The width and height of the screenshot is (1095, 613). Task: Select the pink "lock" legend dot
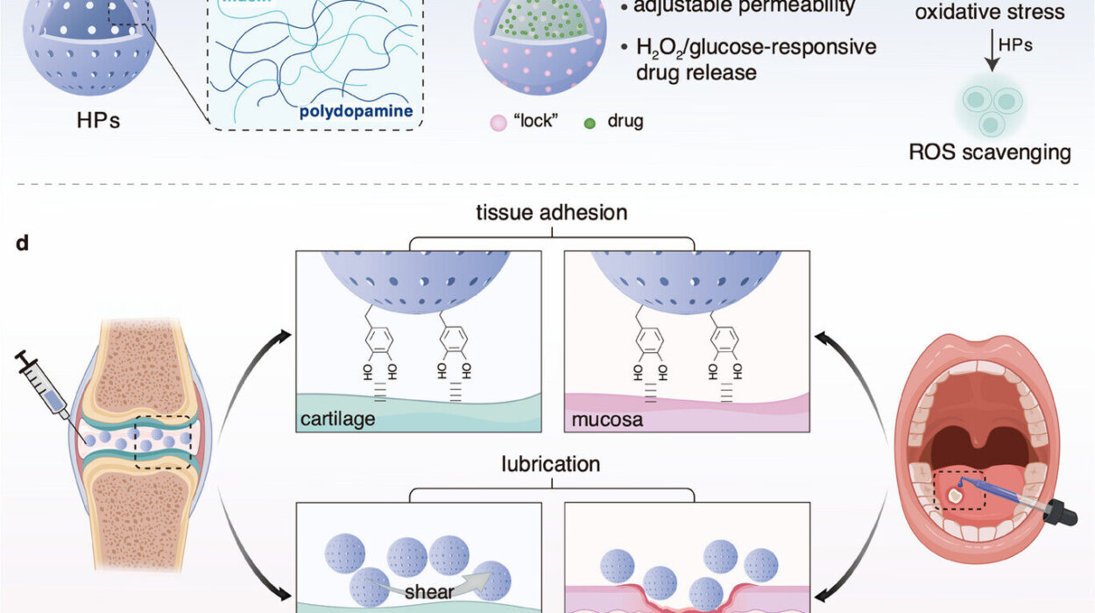point(496,121)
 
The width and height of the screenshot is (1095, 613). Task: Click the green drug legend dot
point(590,121)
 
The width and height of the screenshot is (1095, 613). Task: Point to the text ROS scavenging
point(990,152)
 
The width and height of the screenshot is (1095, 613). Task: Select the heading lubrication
point(550,463)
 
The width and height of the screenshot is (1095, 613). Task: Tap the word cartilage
point(339,419)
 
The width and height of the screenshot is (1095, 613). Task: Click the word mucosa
point(606,419)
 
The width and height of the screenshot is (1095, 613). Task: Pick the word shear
point(428,591)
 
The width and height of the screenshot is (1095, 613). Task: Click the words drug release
point(696,72)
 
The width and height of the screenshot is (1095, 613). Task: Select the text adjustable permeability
point(745,7)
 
